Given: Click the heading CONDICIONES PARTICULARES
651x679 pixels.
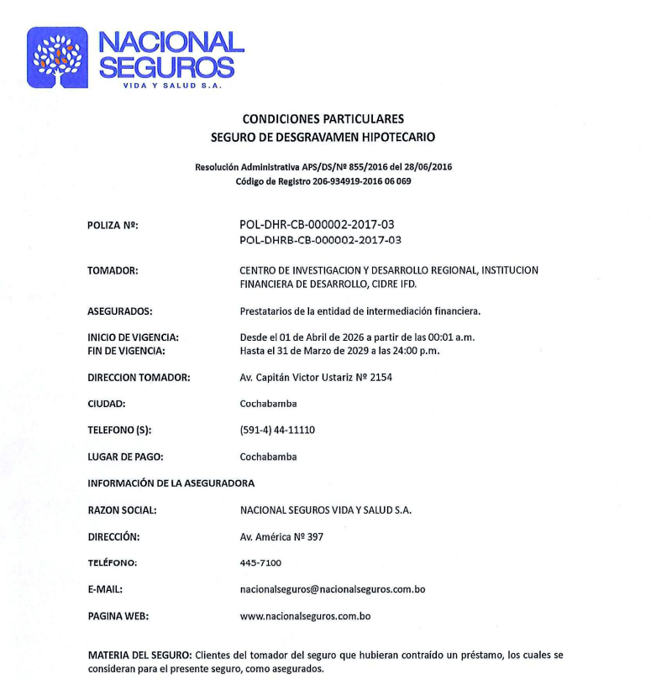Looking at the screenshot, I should [x=323, y=119].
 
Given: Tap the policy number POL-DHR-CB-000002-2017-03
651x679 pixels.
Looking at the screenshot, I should [x=317, y=225].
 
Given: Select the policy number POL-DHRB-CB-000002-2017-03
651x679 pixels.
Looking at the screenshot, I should [x=320, y=240].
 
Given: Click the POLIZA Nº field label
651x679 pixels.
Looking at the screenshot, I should [x=113, y=226].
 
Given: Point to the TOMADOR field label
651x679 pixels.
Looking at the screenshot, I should [x=113, y=271].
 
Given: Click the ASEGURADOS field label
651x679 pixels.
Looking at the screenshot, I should [x=119, y=311].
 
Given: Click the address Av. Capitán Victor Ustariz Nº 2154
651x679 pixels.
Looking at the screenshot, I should [x=316, y=378].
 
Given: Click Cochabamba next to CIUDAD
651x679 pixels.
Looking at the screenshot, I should [x=268, y=404].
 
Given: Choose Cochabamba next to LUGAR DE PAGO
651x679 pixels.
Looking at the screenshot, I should [x=268, y=457].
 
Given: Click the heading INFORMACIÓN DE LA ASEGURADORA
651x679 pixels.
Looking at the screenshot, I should [x=171, y=483].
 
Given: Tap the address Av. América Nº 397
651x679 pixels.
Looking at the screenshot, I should [x=281, y=537].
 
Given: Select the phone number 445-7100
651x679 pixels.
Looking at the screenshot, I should [x=260, y=563].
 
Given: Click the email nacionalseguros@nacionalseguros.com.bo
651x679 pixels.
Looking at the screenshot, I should [x=333, y=590].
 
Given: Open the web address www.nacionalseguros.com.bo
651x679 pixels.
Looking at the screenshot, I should [x=305, y=616].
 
